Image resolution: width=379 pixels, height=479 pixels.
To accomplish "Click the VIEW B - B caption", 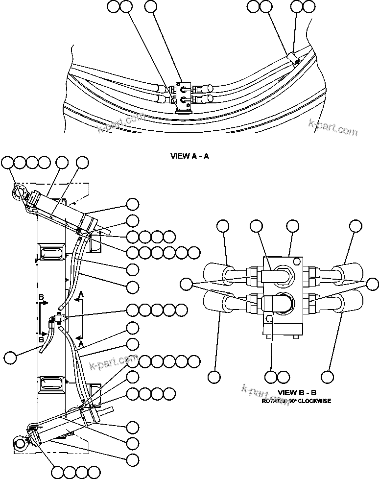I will point(297,392).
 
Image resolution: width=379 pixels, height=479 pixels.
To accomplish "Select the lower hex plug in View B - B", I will point(281,304).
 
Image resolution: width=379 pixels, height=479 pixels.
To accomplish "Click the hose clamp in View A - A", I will point(293,60).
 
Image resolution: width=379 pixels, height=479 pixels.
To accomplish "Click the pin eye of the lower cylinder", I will point(21,444).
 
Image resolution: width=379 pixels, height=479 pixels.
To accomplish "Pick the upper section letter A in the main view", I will point(81,293).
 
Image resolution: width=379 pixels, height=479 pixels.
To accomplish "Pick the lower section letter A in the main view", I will point(81,336).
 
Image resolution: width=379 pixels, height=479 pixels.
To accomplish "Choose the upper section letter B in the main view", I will point(42,297).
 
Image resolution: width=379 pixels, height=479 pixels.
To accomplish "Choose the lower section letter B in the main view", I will point(42,338).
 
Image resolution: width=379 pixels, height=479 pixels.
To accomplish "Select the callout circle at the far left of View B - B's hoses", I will point(186,284).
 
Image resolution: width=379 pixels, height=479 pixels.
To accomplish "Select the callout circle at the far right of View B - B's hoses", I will point(372,284).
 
